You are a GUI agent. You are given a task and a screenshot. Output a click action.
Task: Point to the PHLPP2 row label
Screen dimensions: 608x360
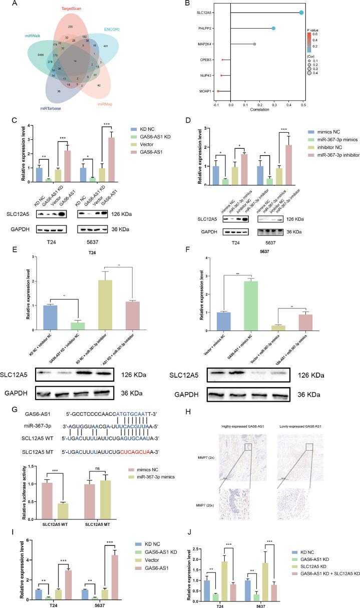[205, 29]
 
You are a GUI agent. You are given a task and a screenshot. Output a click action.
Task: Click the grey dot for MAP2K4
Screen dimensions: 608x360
[254, 45]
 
